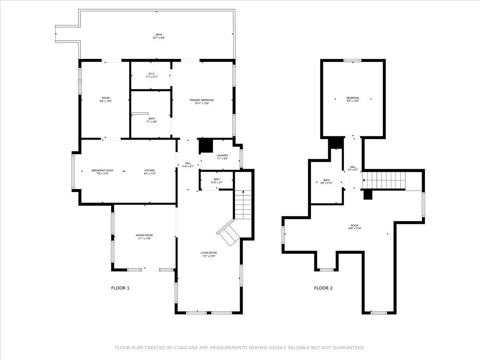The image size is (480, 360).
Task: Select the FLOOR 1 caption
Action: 120,288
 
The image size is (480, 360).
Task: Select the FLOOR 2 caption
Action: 323,288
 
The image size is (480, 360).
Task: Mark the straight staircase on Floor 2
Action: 384,180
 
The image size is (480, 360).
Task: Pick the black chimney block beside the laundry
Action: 206,146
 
